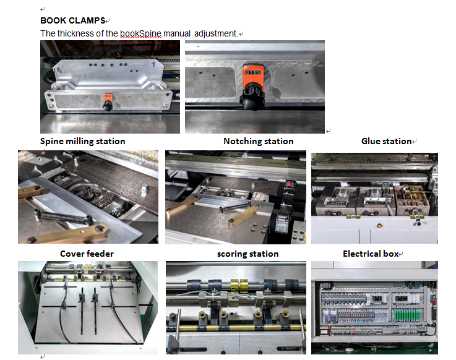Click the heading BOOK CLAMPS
(73, 20)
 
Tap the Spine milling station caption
(83, 141)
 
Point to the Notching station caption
(258, 141)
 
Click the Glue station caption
(386, 141)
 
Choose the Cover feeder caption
(87, 254)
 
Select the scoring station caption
(247, 254)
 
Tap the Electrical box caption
(371, 254)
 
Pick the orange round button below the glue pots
(377, 226)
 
